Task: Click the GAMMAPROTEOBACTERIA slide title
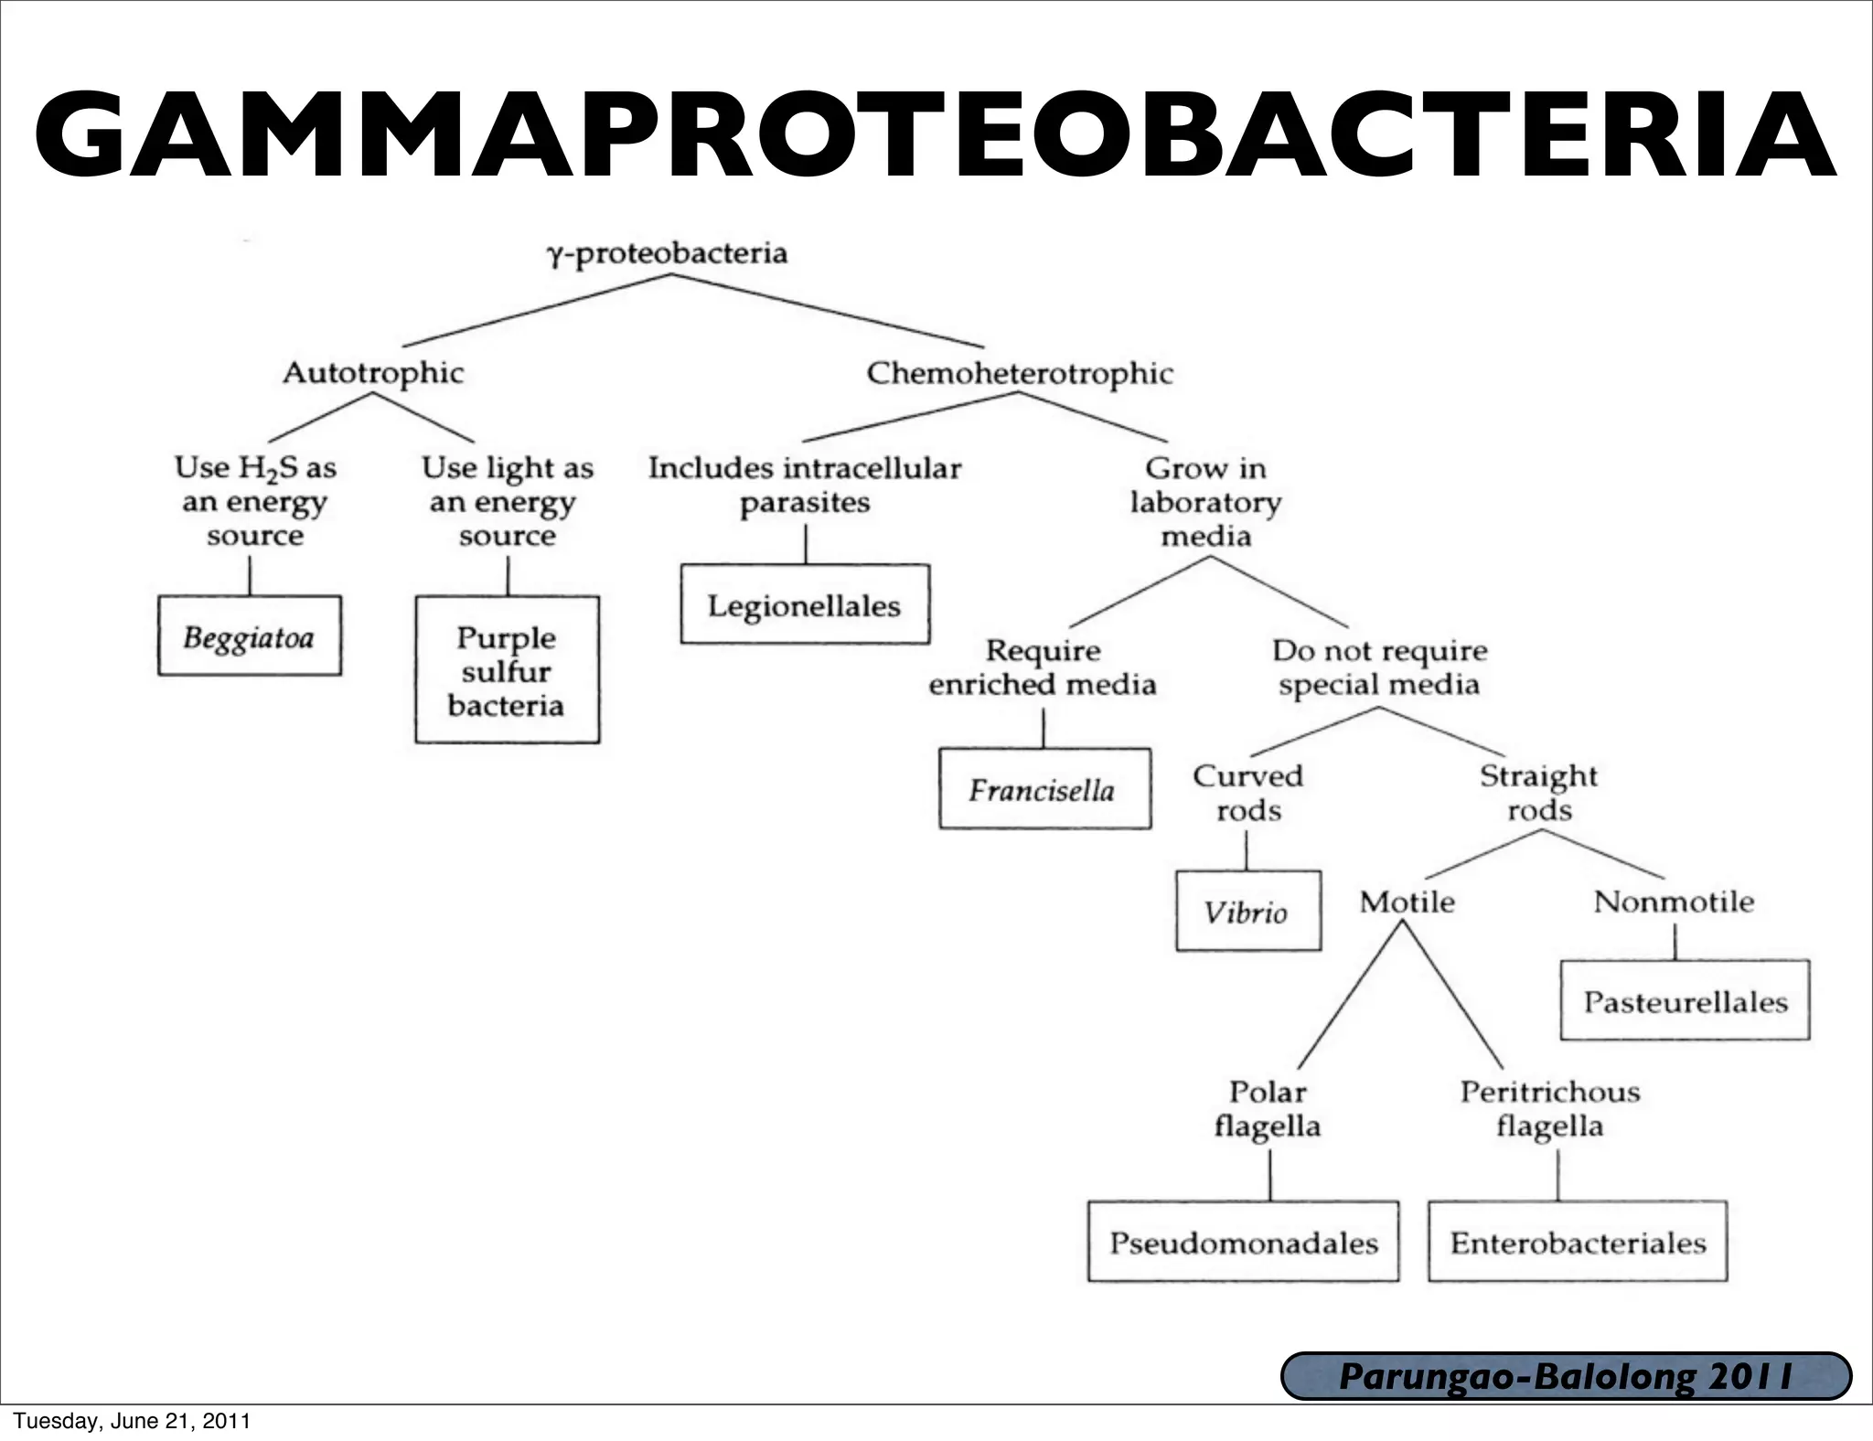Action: point(935,134)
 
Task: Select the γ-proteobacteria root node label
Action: point(668,253)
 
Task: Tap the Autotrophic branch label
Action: point(373,373)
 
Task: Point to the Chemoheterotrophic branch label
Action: point(1020,373)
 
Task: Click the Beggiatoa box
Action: point(249,636)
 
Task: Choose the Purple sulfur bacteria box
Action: point(507,670)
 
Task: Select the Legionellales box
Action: point(805,604)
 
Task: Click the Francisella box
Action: point(1044,789)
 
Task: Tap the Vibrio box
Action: point(1247,912)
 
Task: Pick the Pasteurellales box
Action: point(1685,1000)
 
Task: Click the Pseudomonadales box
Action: point(1243,1242)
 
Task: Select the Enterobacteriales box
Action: point(1578,1242)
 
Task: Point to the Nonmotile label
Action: point(1674,902)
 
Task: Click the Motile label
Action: point(1407,902)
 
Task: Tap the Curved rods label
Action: point(1248,793)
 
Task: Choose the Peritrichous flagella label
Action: point(1550,1108)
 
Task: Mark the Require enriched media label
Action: point(1043,667)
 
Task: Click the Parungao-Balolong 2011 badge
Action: point(1566,1376)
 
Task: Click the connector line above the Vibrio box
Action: point(1247,852)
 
